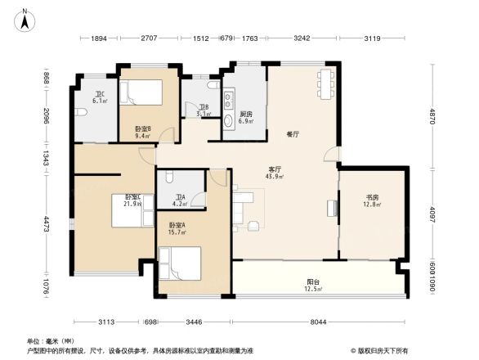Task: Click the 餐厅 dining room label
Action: [292, 133]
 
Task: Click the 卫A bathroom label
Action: [179, 196]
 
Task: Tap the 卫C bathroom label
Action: [99, 93]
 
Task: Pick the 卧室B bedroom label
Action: [143, 128]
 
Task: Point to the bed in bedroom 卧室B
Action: [144, 92]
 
